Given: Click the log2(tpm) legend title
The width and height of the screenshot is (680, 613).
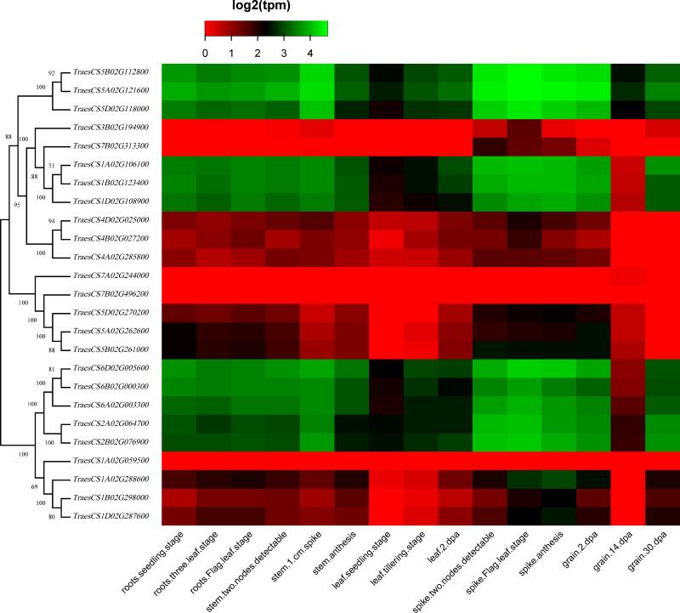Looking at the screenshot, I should [x=266, y=9].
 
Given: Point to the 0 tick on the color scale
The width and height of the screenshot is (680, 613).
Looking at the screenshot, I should [x=205, y=54].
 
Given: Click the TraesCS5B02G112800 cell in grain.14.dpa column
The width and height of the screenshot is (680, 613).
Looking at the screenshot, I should [x=628, y=72].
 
